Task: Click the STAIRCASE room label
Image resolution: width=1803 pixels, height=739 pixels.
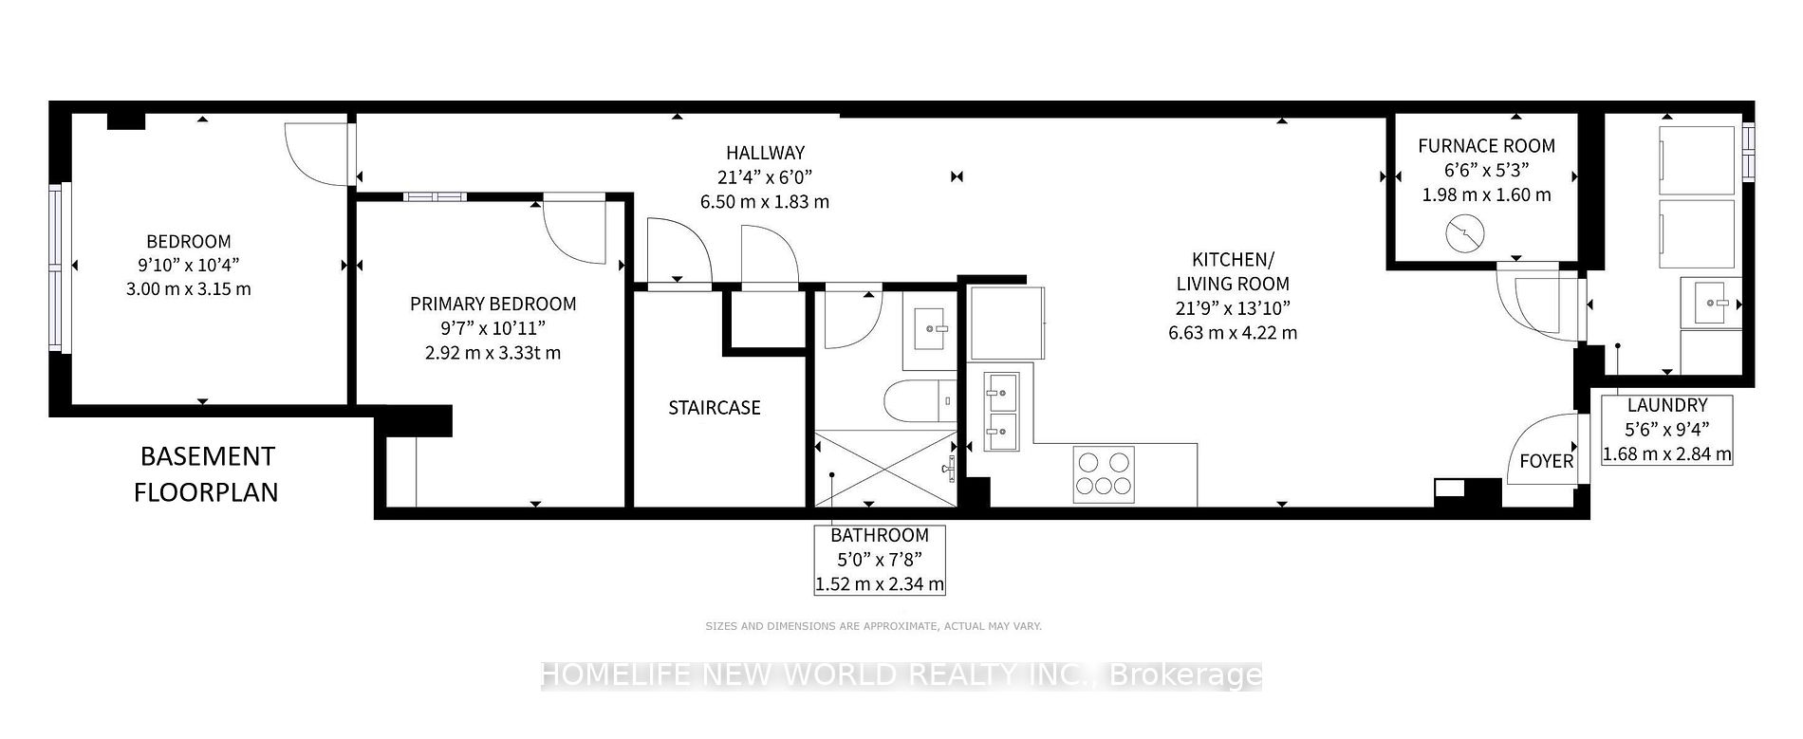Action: (x=715, y=408)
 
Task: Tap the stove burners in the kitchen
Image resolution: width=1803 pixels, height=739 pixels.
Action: (x=1105, y=473)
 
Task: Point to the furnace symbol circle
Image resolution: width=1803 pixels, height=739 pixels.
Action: (x=1464, y=233)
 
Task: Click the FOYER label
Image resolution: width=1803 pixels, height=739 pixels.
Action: (x=1547, y=461)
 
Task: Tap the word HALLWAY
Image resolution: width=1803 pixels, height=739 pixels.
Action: (x=765, y=153)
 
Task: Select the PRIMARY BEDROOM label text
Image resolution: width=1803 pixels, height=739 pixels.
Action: (x=493, y=305)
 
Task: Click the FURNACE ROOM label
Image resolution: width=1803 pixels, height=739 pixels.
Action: (x=1486, y=146)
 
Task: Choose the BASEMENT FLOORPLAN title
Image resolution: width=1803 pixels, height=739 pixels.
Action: (x=207, y=474)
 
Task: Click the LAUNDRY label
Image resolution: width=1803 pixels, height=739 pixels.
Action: (x=1667, y=405)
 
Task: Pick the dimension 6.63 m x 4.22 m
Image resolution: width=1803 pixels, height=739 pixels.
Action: (x=1233, y=333)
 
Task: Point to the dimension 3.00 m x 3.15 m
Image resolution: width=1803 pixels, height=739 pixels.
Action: (x=189, y=288)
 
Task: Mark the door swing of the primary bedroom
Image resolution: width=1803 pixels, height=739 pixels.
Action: (x=573, y=232)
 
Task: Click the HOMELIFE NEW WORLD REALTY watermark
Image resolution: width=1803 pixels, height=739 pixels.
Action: (x=901, y=674)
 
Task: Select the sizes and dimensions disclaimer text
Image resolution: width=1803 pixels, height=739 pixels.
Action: (x=873, y=626)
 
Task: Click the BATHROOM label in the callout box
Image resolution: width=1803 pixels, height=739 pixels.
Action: (x=880, y=536)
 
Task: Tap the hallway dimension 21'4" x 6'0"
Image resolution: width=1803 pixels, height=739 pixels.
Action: (x=765, y=177)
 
